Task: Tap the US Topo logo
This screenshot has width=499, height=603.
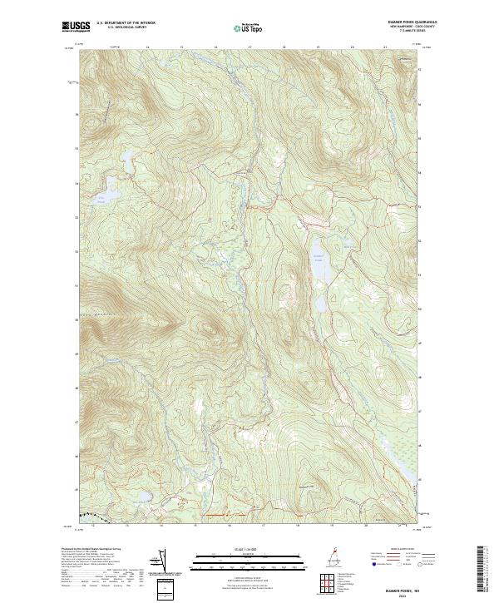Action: (x=245, y=27)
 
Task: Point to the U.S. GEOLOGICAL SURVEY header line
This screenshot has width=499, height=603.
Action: (x=121, y=27)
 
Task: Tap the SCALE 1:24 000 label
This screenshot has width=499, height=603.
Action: (x=237, y=550)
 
